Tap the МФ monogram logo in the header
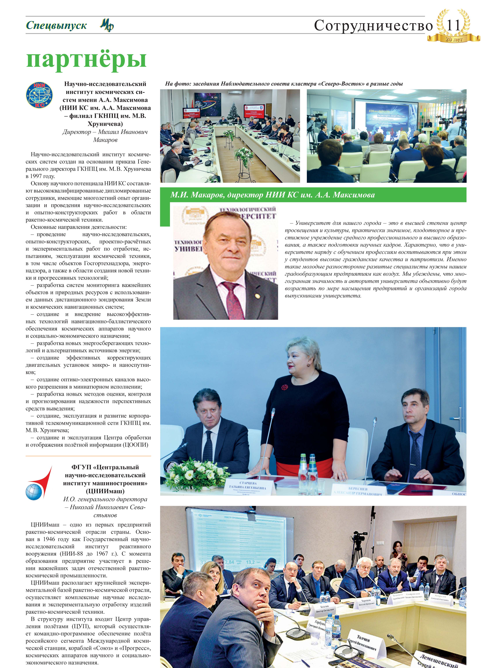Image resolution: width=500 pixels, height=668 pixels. pos(107,25)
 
